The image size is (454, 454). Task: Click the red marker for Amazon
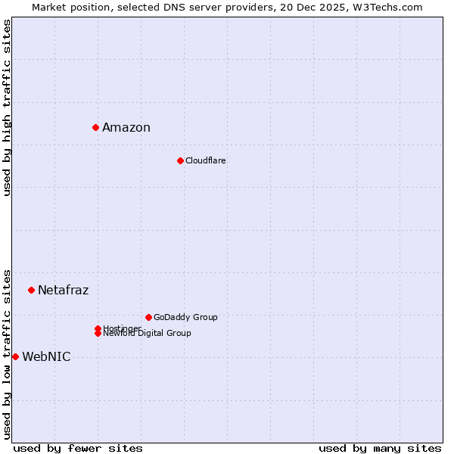click(95, 127)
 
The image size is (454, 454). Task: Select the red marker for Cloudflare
click(180, 160)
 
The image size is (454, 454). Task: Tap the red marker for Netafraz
click(31, 290)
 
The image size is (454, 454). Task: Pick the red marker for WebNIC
click(15, 356)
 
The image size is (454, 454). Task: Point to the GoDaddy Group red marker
click(148, 317)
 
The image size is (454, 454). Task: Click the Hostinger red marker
click(98, 328)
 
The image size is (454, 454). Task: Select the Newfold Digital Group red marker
click(98, 334)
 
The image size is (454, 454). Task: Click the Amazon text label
click(126, 127)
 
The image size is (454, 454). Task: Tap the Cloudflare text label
click(206, 160)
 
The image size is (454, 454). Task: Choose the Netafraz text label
click(64, 290)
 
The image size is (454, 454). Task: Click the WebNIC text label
click(46, 357)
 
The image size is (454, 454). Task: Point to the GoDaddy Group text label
click(185, 317)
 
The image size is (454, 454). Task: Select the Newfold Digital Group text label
click(147, 334)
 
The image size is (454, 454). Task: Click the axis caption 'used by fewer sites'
click(78, 448)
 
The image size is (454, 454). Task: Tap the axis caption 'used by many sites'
click(380, 448)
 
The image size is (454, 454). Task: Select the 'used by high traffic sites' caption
click(7, 107)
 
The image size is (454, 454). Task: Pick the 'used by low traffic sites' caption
click(7, 354)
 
